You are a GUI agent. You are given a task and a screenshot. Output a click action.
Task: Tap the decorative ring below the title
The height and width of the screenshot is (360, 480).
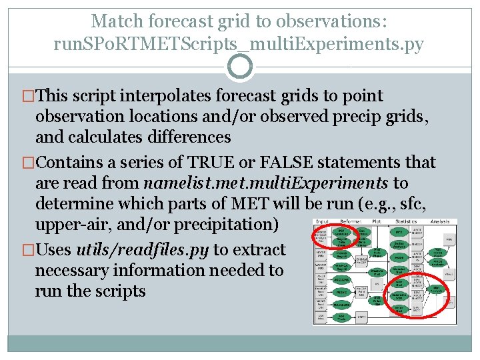pos(240,66)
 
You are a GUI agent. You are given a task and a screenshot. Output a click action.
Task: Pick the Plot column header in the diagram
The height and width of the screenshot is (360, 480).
pos(377,221)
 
